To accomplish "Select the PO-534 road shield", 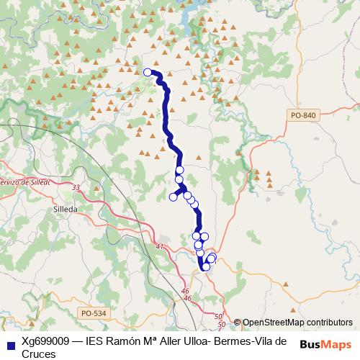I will tap(94, 312).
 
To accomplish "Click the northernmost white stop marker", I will tap(148, 72).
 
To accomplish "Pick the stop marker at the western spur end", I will tap(173, 197).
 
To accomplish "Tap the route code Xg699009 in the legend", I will tap(45, 341).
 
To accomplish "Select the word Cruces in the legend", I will tap(39, 354).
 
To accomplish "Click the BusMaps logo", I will tap(325, 344).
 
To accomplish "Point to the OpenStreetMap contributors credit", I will tap(297, 323).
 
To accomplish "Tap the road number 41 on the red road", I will tap(159, 247).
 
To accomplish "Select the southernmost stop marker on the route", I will tap(206, 266).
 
